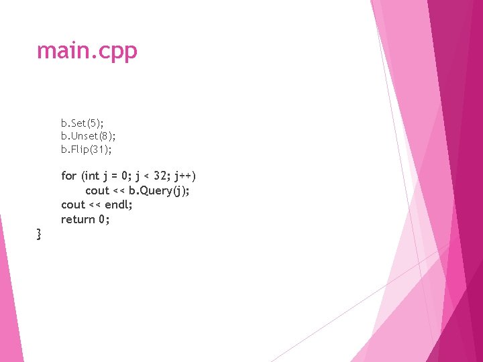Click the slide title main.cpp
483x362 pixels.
(x=87, y=51)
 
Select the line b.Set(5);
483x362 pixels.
(x=82, y=123)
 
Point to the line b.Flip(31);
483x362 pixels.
(x=87, y=149)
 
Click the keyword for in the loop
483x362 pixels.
(x=68, y=176)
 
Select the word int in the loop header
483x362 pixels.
(x=91, y=176)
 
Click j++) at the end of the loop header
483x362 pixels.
(x=184, y=176)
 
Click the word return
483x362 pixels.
(x=78, y=219)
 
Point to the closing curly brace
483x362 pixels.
(x=40, y=234)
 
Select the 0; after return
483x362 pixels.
(x=104, y=219)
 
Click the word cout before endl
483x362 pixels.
(x=73, y=204)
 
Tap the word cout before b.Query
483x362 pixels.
(x=97, y=190)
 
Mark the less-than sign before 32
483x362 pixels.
(x=150, y=176)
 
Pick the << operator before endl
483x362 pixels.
(x=95, y=204)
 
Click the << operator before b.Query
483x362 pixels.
(x=119, y=190)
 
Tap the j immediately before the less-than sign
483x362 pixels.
(x=140, y=176)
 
